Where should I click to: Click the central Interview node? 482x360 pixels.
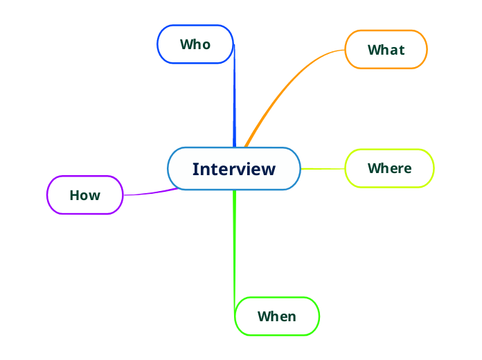[x=234, y=168]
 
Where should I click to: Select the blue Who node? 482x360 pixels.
[x=195, y=44]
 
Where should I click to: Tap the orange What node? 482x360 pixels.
[x=386, y=50]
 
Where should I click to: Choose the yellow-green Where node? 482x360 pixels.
[x=389, y=168]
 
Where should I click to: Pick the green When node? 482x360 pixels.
[x=277, y=316]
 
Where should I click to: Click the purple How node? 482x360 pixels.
[x=84, y=195]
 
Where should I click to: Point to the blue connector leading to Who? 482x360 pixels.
[x=234, y=97]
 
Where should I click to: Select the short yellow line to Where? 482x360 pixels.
[x=323, y=168]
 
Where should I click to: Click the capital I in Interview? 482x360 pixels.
[x=195, y=169]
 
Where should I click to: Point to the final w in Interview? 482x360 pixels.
[x=269, y=170]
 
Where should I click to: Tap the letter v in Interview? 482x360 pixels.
[x=242, y=170]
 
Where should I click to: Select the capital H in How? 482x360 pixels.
[x=75, y=195]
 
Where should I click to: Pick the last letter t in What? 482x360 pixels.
[x=402, y=50]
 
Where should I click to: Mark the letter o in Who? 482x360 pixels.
[x=206, y=45]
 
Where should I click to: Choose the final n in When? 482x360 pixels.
[x=292, y=317]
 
